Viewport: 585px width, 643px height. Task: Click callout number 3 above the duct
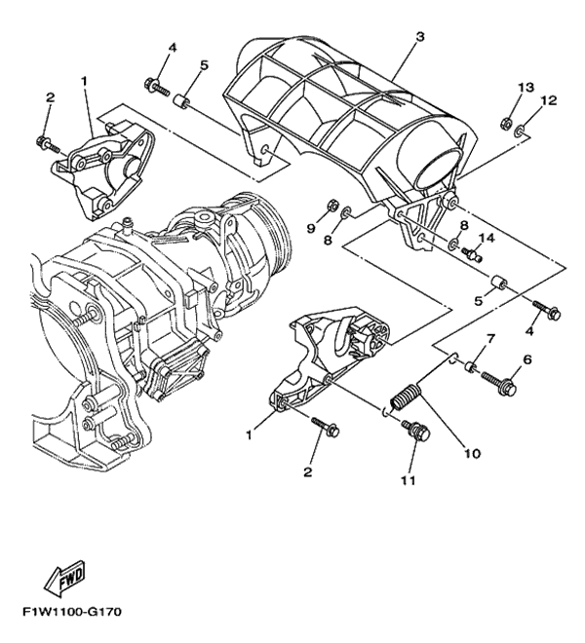[x=419, y=38]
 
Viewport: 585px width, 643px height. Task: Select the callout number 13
[x=526, y=89]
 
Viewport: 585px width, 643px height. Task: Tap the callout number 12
[x=548, y=100]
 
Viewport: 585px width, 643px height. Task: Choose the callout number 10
[x=472, y=453]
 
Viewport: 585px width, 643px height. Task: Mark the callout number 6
[x=528, y=359]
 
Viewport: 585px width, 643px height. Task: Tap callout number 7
[x=491, y=339]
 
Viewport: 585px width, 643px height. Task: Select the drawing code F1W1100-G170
[x=68, y=616]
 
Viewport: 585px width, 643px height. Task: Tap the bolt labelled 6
[x=500, y=379]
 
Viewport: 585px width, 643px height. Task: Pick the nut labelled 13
[x=508, y=123]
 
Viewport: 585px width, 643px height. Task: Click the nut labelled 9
[x=331, y=206]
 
